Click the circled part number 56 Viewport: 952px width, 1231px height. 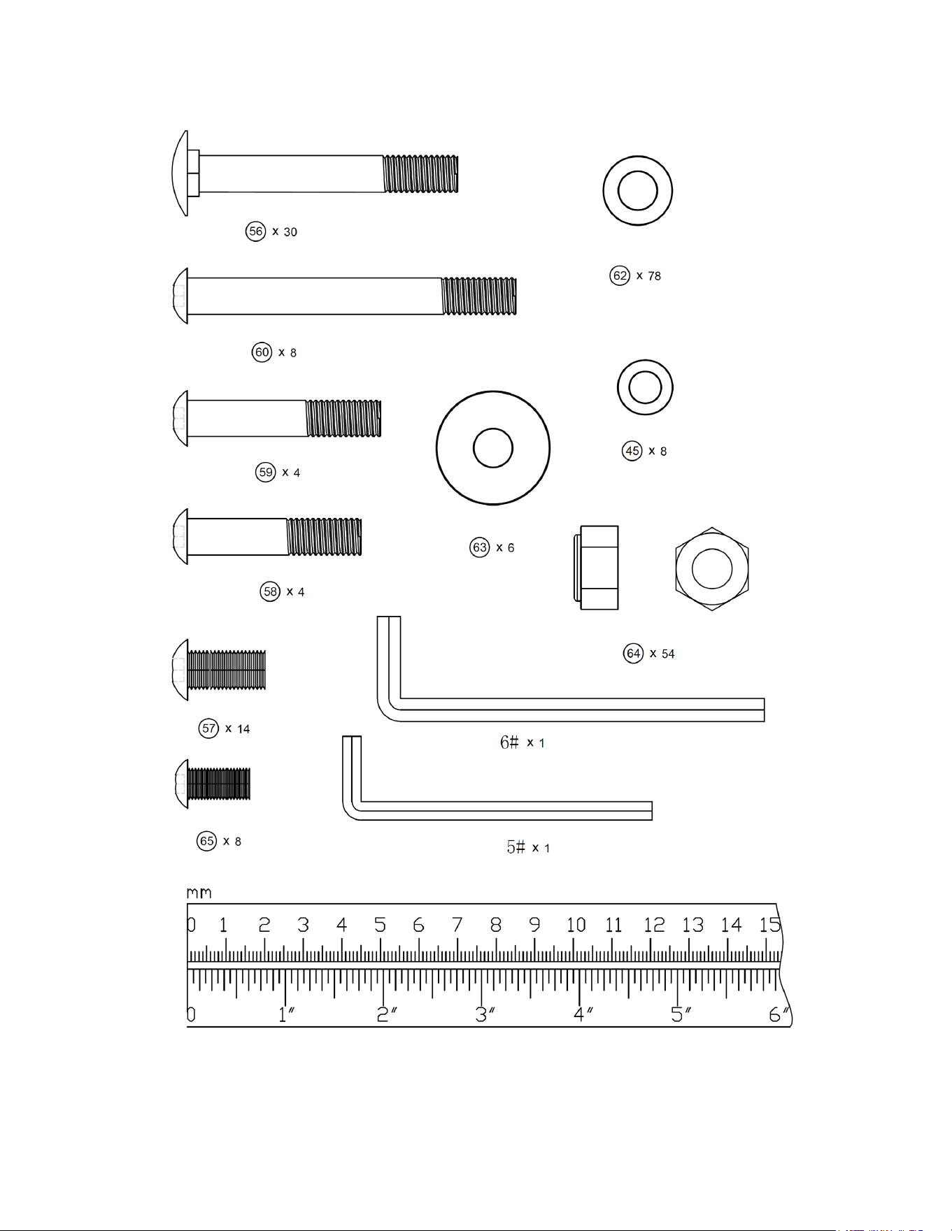[x=256, y=231]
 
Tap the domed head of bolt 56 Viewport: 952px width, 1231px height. [x=180, y=173]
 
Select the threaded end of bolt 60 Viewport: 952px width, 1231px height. [x=479, y=296]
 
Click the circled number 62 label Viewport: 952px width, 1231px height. [x=620, y=275]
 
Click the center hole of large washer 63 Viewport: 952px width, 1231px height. [x=493, y=448]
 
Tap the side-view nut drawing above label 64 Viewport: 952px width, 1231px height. [x=596, y=568]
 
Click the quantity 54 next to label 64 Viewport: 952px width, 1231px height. [x=668, y=654]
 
